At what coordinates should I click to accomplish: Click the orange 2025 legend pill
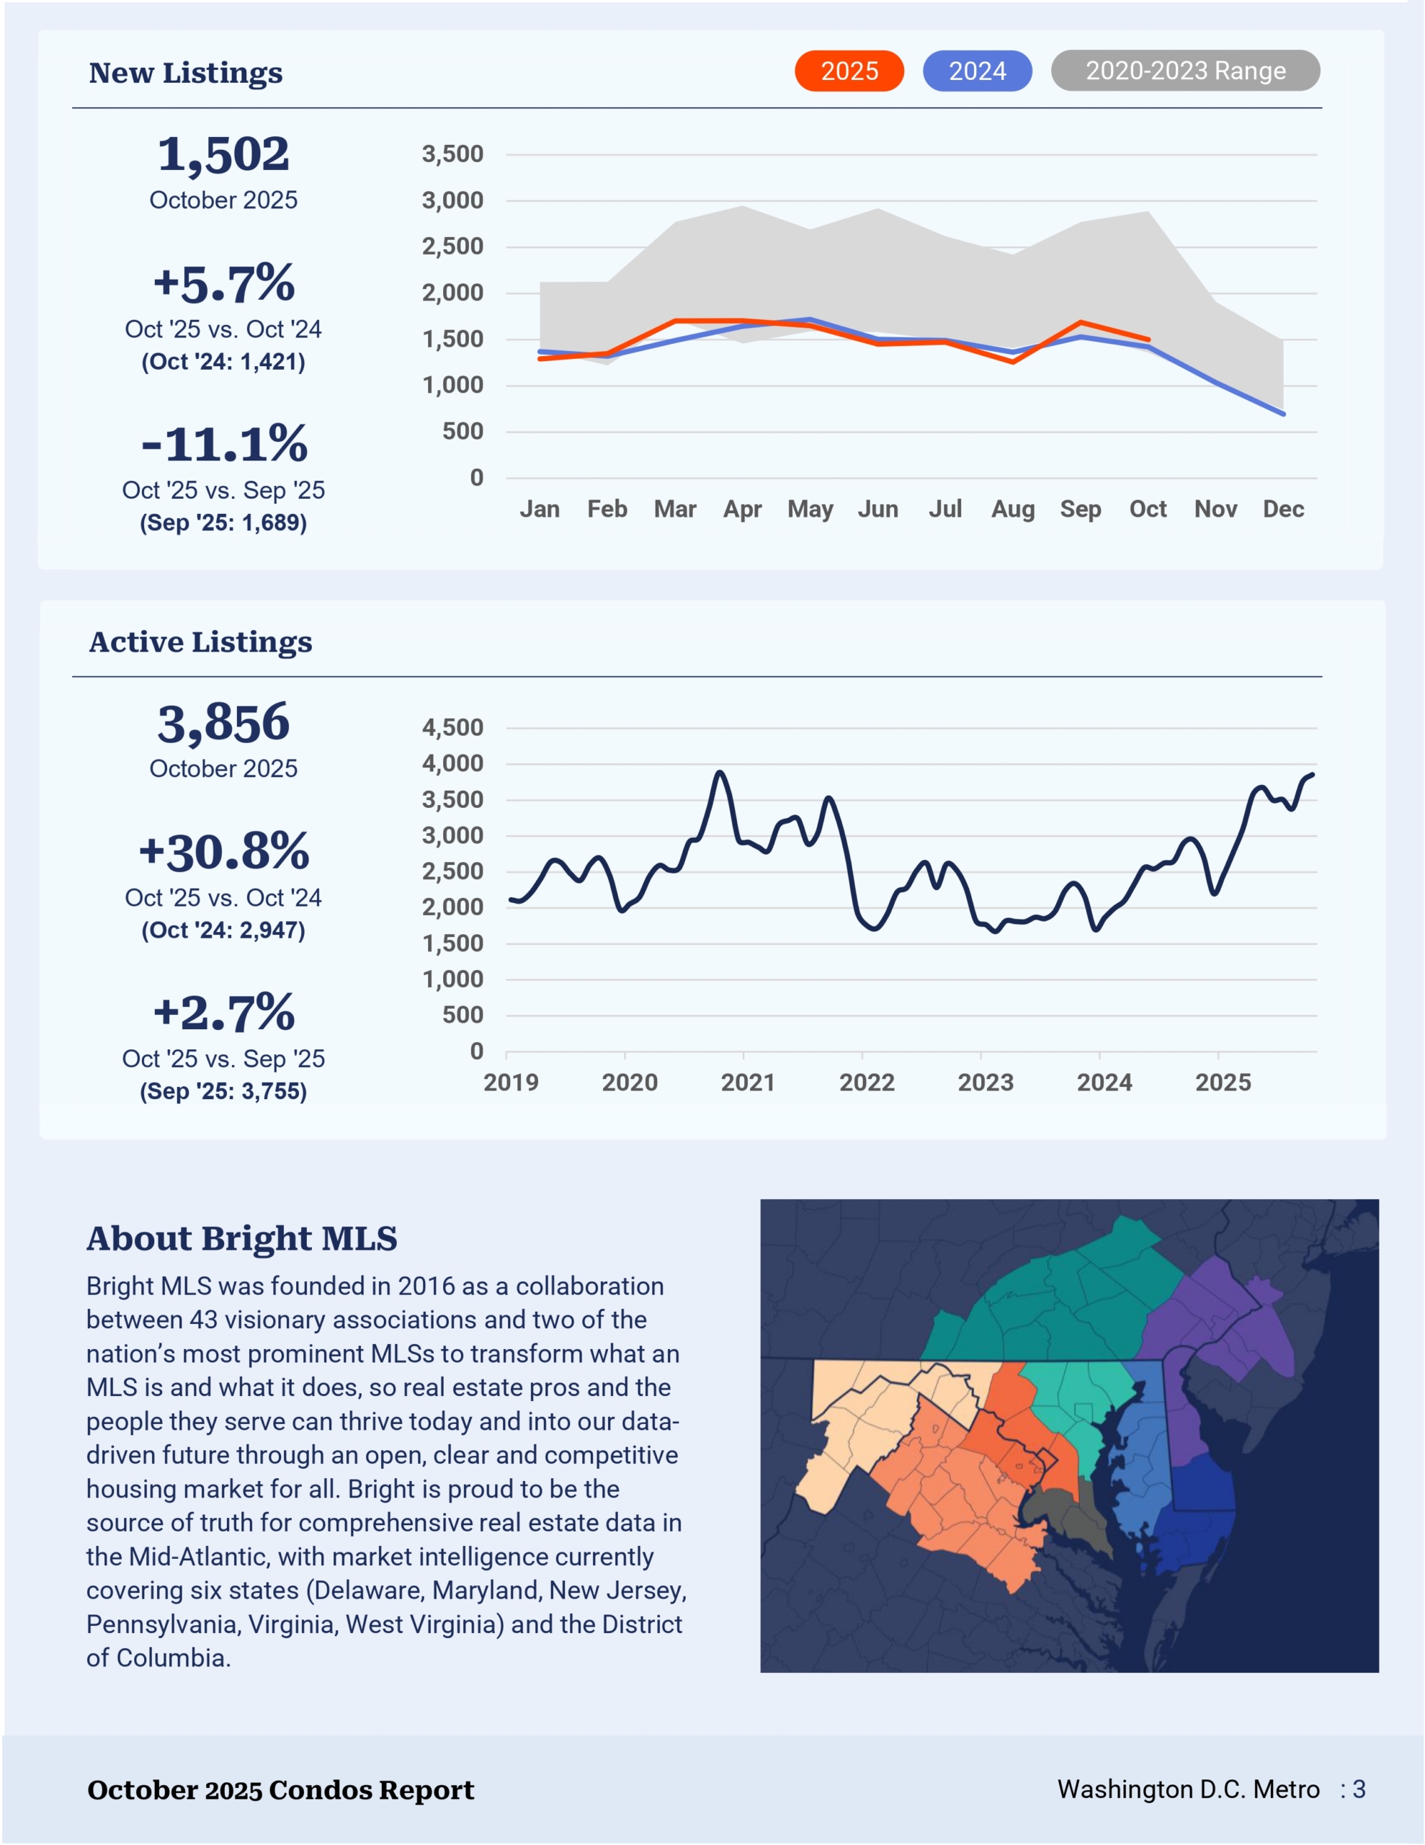(849, 71)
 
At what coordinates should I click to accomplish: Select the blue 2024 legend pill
(978, 71)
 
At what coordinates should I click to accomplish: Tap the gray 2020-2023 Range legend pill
(1185, 71)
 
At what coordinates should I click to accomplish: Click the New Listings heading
(186, 74)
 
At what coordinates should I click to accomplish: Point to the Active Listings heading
(200, 642)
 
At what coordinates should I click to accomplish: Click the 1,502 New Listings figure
(224, 155)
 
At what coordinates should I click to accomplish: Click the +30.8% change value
(224, 852)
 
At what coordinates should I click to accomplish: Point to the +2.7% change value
(224, 1012)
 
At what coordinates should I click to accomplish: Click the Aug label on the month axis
(1013, 510)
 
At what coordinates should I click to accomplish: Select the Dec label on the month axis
(1283, 510)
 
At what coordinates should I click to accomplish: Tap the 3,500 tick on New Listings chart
(452, 155)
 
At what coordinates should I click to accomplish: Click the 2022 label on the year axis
(867, 1083)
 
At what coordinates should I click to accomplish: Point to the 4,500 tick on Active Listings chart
(452, 727)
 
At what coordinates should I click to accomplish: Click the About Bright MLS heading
(241, 1238)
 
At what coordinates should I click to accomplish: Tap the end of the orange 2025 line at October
(1148, 339)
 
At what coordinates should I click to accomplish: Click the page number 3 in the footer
(1359, 1790)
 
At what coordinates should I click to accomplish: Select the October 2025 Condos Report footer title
(280, 1790)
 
